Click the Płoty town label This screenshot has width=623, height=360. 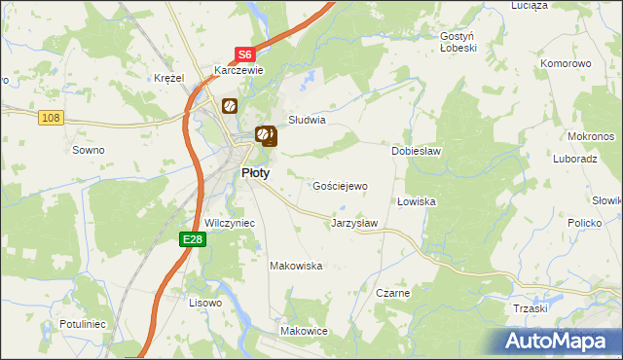tap(255, 172)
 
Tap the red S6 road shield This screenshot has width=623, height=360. tap(243, 56)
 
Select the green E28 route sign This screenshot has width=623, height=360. tap(193, 239)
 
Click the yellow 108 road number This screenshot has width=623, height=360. tap(52, 118)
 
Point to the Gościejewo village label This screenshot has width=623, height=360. tap(340, 185)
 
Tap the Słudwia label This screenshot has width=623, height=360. tap(306, 121)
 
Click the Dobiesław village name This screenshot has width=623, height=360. tap(417, 152)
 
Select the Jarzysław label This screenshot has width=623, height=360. tap(354, 223)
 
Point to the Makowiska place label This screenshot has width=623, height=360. tap(296, 265)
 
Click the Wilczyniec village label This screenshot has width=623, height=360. tap(230, 223)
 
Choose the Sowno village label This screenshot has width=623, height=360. tap(89, 150)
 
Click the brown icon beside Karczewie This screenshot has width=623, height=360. tap(230, 105)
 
